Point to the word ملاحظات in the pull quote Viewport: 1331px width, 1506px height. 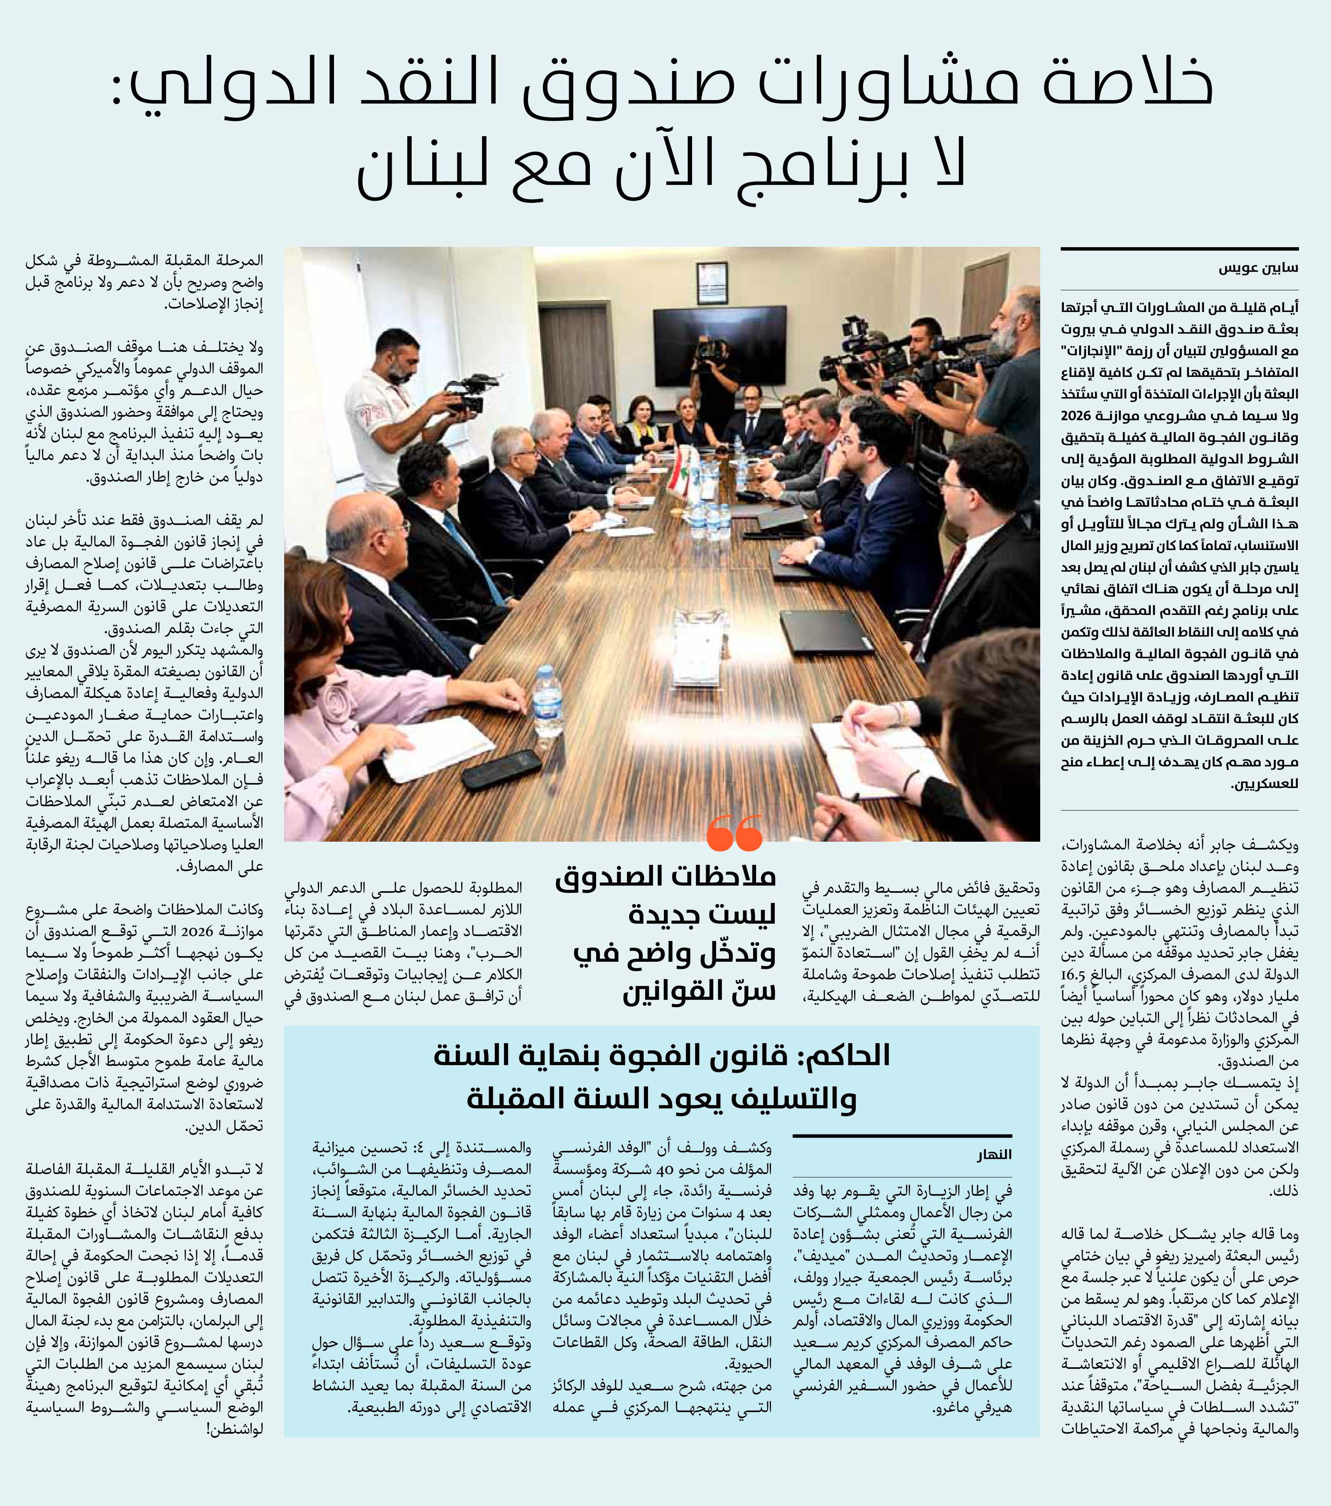point(726,876)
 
